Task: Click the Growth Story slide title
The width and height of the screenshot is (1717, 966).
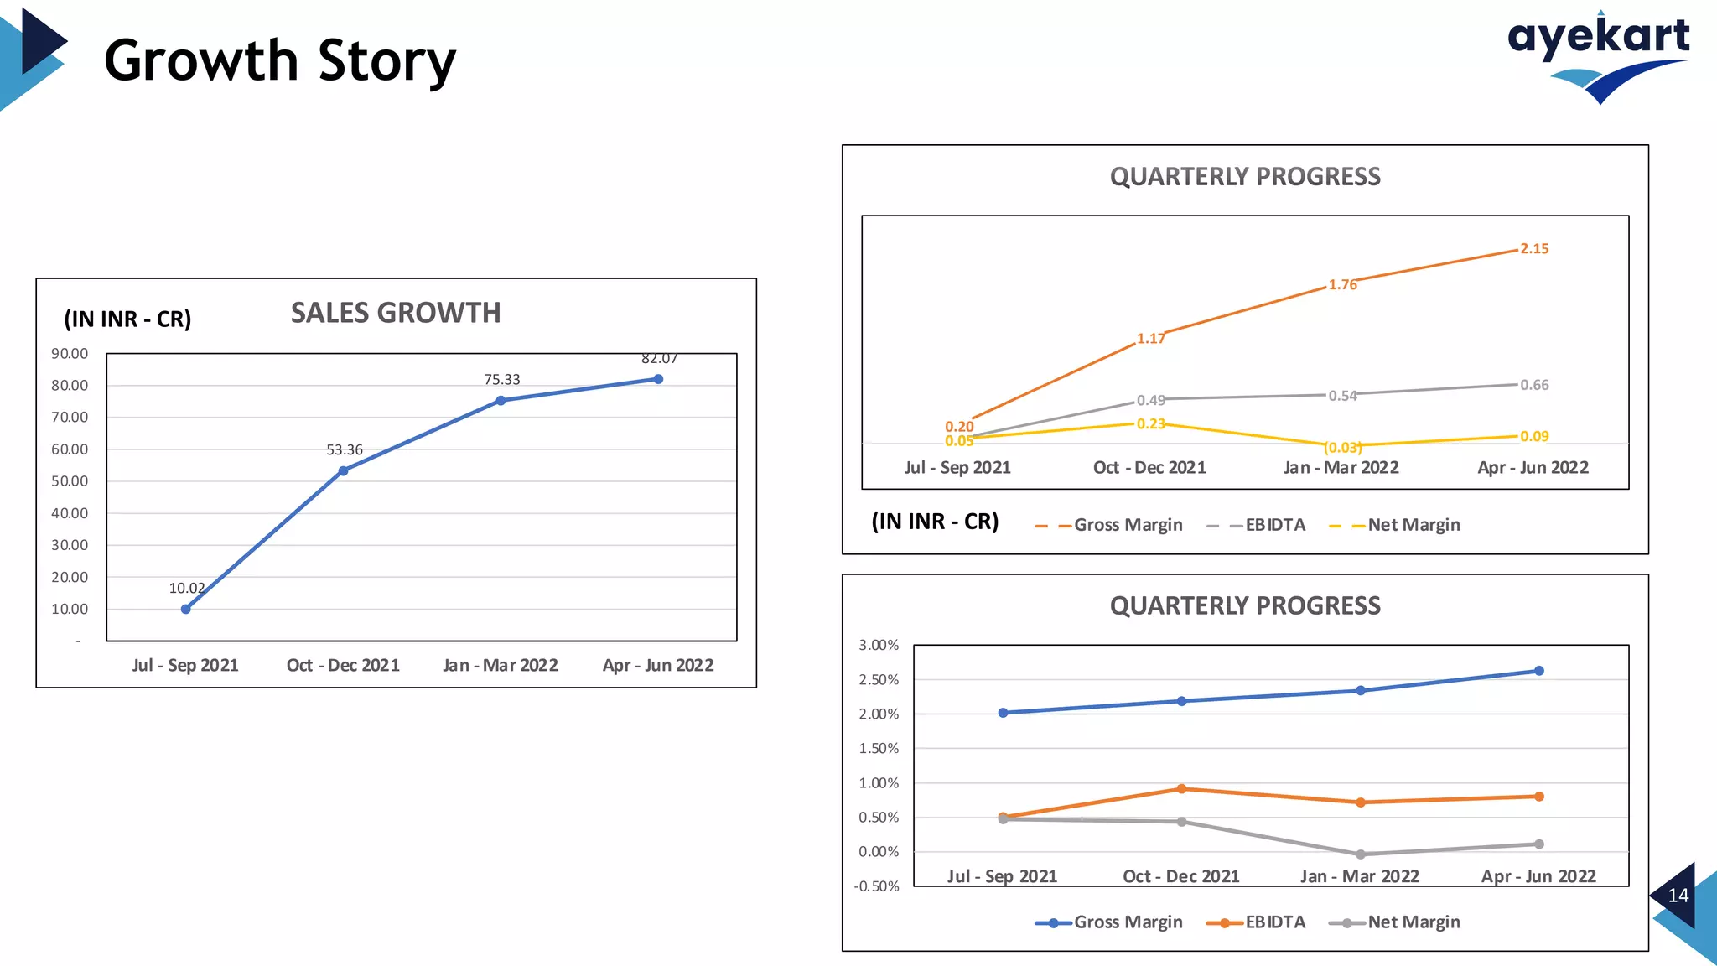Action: pos(279,61)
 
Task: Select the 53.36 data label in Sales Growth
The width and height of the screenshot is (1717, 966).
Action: pos(344,450)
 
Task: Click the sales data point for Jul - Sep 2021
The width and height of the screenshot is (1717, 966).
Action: pos(186,609)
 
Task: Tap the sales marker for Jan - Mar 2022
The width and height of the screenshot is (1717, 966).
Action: pos(501,401)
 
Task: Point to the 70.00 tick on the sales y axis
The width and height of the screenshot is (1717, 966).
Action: pos(70,418)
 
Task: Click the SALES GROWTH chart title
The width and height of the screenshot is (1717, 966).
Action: pos(396,313)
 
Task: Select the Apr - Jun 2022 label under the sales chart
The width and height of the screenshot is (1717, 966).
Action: pos(658,666)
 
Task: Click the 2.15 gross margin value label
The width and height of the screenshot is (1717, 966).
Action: pos(1534,249)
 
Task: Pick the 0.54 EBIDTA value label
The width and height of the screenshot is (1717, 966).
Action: pos(1342,396)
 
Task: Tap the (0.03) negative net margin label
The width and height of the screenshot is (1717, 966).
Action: pos(1343,448)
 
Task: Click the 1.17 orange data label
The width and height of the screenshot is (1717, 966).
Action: pos(1150,339)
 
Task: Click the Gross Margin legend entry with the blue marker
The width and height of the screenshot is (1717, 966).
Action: pos(1109,922)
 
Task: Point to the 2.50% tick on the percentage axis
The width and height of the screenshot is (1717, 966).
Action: pos(878,680)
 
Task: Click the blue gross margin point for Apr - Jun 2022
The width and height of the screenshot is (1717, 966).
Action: pos(1539,671)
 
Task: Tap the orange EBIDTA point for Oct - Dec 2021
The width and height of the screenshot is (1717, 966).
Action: pos(1181,789)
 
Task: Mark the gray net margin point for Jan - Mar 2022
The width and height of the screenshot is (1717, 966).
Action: pos(1361,854)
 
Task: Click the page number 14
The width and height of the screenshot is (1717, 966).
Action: pos(1678,896)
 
